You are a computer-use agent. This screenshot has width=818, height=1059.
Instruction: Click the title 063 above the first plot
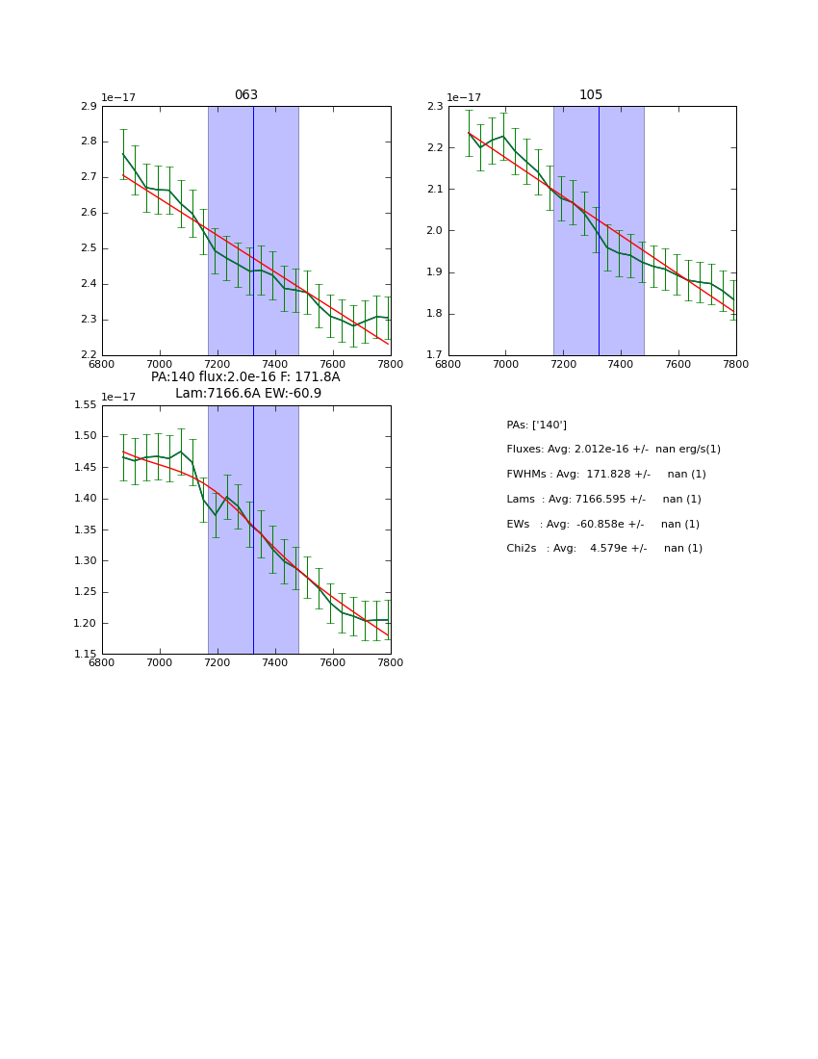tap(246, 95)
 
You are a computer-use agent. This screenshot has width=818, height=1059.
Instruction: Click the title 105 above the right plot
tap(591, 95)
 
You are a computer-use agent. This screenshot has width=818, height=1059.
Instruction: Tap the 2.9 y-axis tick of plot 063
tap(88, 106)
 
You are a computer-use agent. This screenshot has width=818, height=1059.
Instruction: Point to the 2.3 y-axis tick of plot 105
tap(434, 106)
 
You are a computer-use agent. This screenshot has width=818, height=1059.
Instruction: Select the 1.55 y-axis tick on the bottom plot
tap(85, 405)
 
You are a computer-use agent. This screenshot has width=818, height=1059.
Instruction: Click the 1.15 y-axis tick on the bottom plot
tap(85, 655)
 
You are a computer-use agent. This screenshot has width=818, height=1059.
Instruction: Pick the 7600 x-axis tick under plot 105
tap(678, 364)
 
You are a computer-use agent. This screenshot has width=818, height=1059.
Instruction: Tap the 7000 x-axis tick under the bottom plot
tap(160, 662)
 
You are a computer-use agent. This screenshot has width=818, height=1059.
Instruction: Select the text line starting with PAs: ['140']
tap(536, 426)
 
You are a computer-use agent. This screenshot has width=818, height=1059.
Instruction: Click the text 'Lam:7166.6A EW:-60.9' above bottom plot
tap(248, 394)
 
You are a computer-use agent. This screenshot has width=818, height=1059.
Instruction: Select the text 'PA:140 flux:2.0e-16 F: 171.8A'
tap(245, 377)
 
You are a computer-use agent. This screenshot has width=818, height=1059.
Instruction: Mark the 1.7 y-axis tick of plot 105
tap(434, 355)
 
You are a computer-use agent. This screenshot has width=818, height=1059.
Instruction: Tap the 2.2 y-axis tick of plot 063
tap(88, 355)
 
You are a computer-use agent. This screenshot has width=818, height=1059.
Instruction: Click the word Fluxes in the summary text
tap(525, 450)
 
